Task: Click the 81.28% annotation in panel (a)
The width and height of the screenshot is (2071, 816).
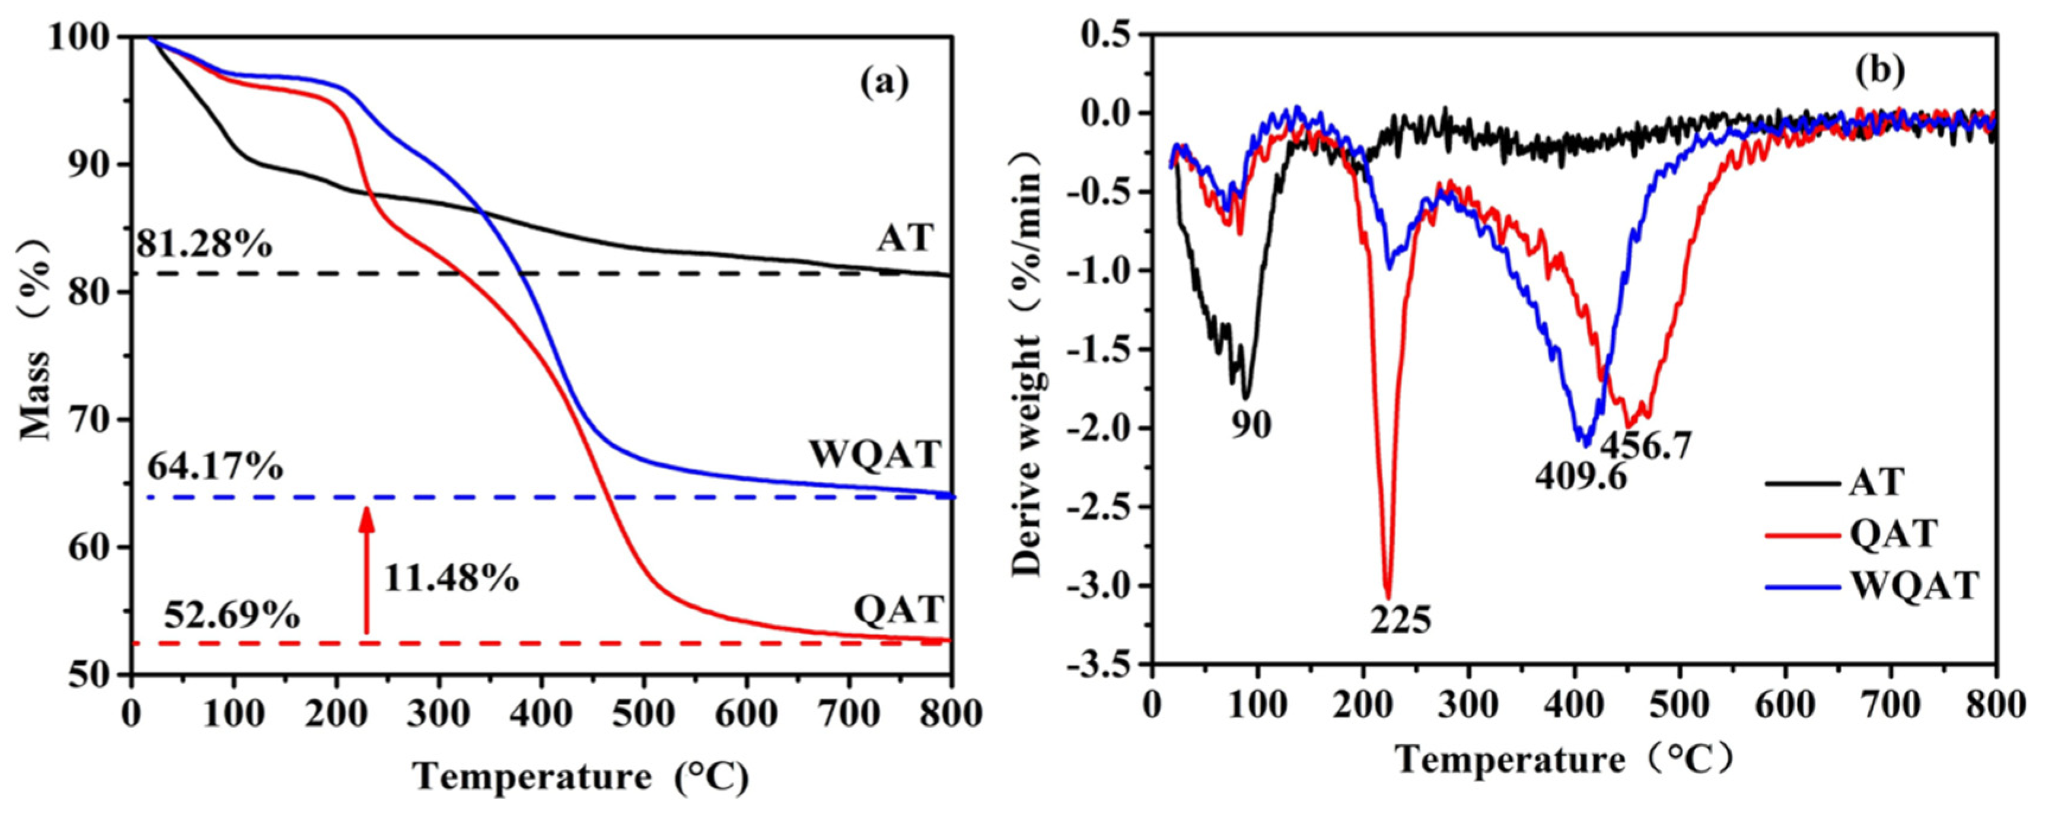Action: pos(203,244)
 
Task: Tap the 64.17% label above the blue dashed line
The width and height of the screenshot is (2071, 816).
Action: pos(215,466)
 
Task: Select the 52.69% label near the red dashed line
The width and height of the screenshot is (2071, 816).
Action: pos(231,616)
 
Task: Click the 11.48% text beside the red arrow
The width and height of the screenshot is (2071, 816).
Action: pos(451,578)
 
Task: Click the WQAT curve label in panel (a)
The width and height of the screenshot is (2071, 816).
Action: pos(875,455)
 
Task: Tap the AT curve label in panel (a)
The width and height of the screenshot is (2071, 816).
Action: pos(904,237)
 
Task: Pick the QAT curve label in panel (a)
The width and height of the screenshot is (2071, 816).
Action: pos(897,610)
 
